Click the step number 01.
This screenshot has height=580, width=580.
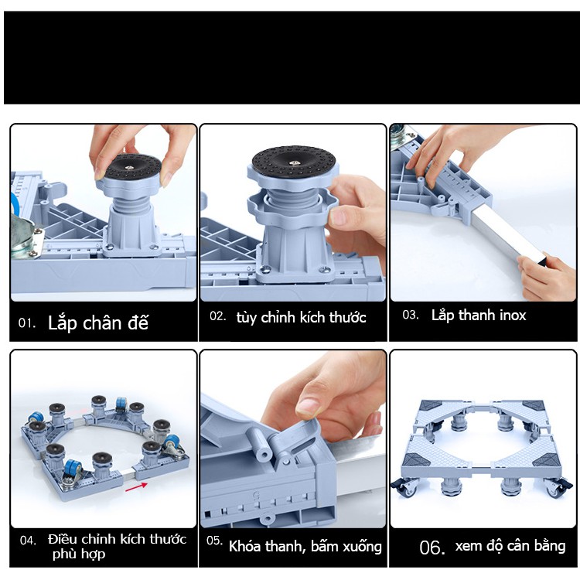coord(26,323)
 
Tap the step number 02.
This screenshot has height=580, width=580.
coord(217,316)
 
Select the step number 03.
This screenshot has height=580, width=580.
coord(410,316)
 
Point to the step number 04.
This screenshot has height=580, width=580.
coord(28,541)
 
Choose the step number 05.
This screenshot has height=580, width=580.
coord(214,541)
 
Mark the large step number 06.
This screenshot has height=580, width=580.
coord(432,548)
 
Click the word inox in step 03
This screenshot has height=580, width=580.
coord(513,316)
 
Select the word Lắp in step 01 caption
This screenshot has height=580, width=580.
coord(62,323)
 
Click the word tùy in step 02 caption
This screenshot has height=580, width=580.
coord(247,318)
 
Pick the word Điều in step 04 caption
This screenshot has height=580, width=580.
coord(63,539)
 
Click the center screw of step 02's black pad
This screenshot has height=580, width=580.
coord(295,162)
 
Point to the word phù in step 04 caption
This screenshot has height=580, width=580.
coord(64,554)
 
